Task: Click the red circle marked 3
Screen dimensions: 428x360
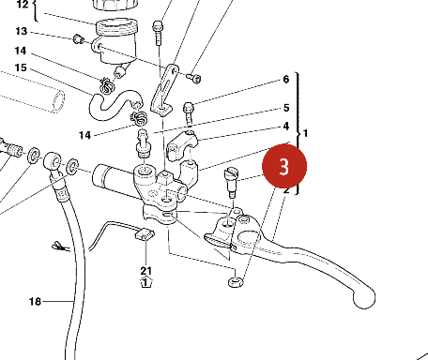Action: pos(284,166)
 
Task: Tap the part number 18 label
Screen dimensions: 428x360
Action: pos(35,302)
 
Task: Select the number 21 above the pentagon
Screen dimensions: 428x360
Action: pos(145,271)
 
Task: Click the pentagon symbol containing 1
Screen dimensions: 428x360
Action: pos(145,282)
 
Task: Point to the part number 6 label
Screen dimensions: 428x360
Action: pos(286,80)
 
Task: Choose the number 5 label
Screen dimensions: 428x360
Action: pos(286,108)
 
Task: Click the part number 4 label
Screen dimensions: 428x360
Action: pos(286,127)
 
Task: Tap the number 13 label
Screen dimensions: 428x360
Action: pos(22,31)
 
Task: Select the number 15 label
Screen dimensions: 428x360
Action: pos(21,67)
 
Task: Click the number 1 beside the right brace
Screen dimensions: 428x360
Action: pos(306,133)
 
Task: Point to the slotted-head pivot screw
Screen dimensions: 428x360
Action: pos(232,182)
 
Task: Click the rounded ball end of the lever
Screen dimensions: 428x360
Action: pos(364,298)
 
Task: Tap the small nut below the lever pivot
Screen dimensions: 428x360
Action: pos(236,282)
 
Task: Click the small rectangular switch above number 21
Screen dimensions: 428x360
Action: pos(145,234)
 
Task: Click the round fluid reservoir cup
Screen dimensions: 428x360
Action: pos(115,40)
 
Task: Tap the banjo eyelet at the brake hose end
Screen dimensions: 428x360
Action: pos(53,161)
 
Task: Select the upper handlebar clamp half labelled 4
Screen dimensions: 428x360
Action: pos(182,145)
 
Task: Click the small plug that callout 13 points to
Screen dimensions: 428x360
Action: pos(78,39)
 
